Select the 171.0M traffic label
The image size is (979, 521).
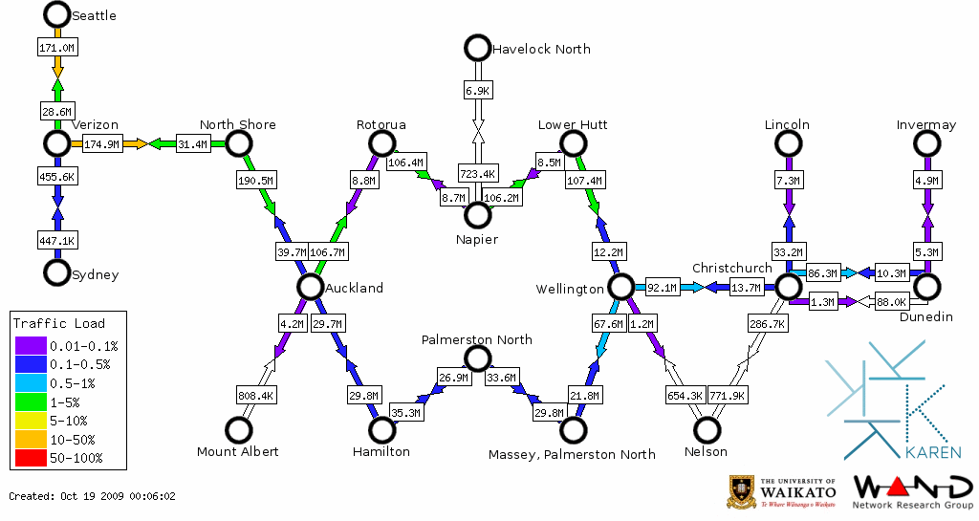[57, 47]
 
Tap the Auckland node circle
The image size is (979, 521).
[309, 286]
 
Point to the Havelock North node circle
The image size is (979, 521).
[476, 47]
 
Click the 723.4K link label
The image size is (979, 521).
[477, 174]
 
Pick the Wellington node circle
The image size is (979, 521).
[620, 286]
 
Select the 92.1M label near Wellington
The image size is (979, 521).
[662, 287]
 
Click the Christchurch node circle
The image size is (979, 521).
[787, 286]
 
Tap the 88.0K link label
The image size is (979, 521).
[892, 302]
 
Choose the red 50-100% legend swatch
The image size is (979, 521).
[31, 458]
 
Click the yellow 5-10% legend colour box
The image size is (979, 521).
[31, 421]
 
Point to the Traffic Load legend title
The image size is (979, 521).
[59, 323]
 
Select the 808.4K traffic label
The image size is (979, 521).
[255, 395]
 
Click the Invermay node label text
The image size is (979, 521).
[925, 125]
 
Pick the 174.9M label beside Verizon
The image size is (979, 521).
[102, 144]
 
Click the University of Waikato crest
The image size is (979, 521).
[743, 491]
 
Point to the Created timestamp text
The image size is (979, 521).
[92, 496]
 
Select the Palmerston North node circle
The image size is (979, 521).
[476, 358]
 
